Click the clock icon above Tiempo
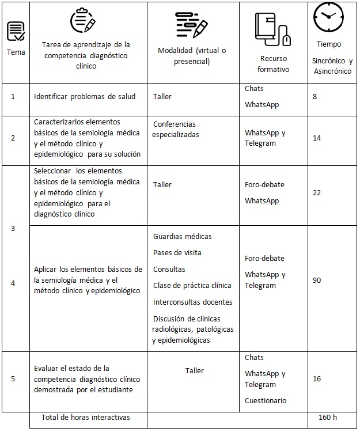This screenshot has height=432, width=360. pos(328,17)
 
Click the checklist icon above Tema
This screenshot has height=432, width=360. pos(16,31)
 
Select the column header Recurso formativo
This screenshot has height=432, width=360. pos(274,64)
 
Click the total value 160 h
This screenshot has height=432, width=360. pos(328,417)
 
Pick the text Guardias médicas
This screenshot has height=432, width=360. pos(182,236)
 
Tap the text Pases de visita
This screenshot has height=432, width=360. pos(177,252)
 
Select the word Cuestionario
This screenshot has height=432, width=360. pos(266,400)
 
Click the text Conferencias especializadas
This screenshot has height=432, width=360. pos(175,129)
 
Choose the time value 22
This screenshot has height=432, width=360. pos(317,193)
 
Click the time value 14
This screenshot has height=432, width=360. pos(317,138)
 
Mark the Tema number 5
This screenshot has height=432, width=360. pos(13,379)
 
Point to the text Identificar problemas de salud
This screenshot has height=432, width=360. pos(85,96)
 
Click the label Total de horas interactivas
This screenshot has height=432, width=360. pos(86,417)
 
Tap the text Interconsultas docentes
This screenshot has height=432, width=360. pos(192,302)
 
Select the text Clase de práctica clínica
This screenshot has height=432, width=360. pos(192,285)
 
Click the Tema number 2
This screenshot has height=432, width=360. pos(13,138)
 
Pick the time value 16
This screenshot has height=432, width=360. pos(317,379)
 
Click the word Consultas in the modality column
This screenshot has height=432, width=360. pos(169,269)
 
